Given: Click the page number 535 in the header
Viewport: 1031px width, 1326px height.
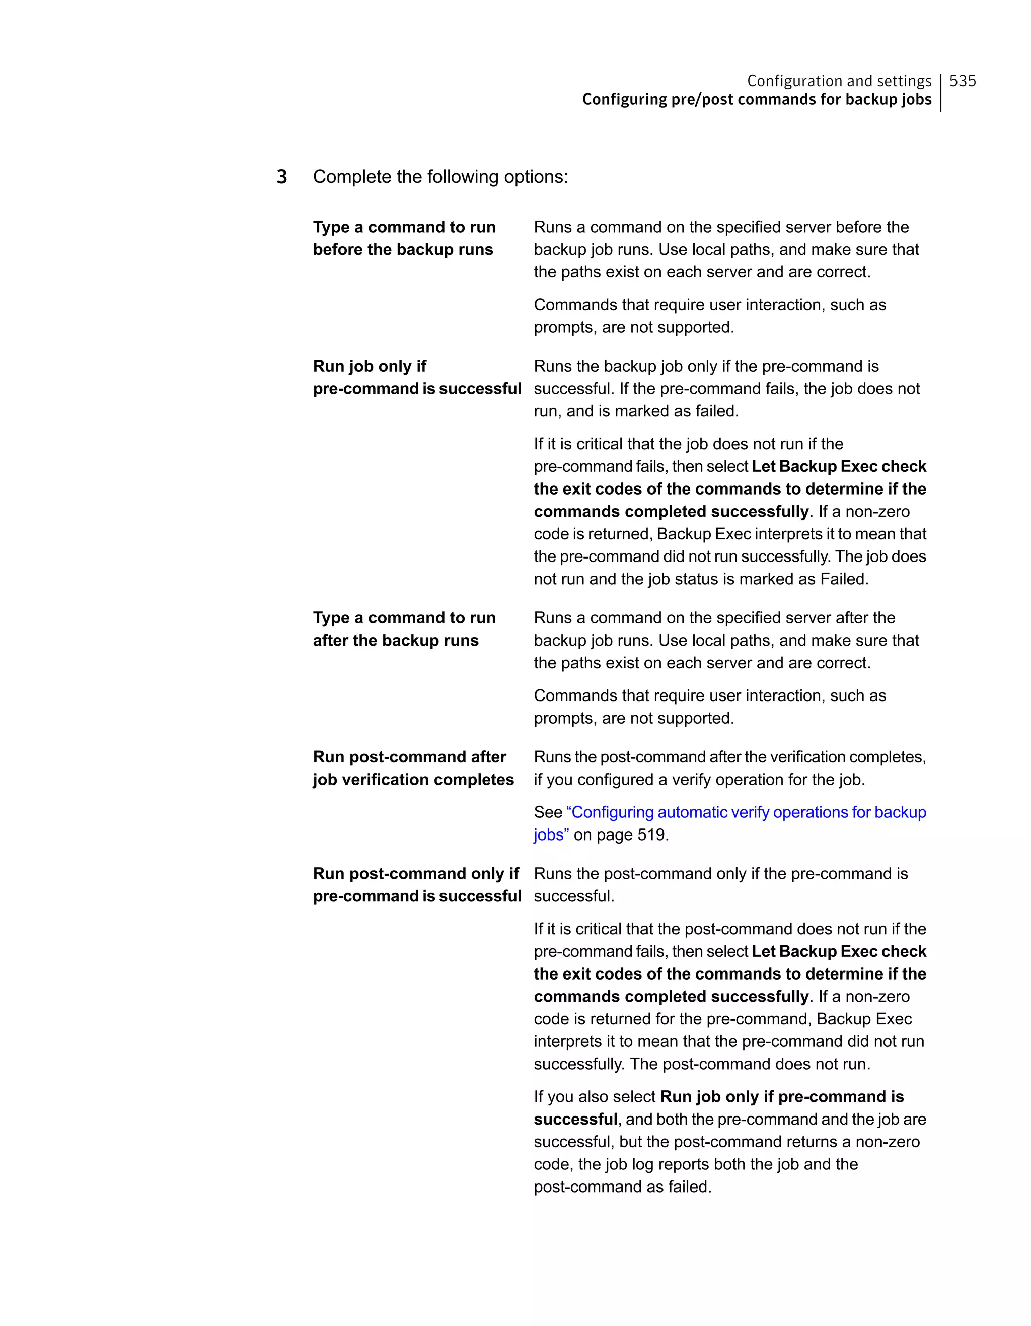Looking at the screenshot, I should (x=963, y=81).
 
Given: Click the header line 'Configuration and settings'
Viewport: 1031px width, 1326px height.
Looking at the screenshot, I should (x=839, y=81).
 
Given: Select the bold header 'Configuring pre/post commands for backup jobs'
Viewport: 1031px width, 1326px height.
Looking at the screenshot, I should (x=756, y=100).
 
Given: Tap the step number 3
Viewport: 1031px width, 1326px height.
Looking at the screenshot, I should (x=281, y=177).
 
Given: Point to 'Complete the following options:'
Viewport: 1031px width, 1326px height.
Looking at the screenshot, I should (x=440, y=177).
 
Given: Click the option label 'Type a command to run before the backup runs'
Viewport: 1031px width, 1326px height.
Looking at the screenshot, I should (x=404, y=238).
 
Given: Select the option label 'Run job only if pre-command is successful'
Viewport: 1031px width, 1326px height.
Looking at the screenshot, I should (x=417, y=377).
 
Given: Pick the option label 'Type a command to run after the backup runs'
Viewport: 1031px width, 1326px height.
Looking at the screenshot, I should (x=404, y=629).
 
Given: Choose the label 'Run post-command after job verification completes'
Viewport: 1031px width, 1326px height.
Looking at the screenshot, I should (x=413, y=768).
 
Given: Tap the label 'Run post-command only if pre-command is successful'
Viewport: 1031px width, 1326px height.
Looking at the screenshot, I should (x=417, y=885).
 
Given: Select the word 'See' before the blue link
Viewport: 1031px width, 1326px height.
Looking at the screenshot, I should (x=548, y=812).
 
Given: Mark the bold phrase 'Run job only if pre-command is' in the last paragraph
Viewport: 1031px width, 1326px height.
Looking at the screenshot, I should (x=782, y=1096).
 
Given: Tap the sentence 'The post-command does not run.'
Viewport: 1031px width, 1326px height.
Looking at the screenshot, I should (x=750, y=1064).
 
